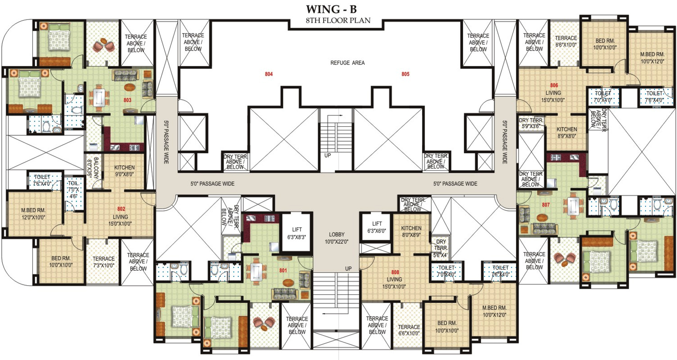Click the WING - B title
pyautogui.click(x=331, y=10)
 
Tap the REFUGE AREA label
pyautogui.click(x=347, y=63)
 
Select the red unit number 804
pyautogui.click(x=269, y=74)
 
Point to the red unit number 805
pyautogui.click(x=405, y=74)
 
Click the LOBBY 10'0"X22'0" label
pyautogui.click(x=337, y=238)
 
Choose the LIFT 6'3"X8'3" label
pyautogui.click(x=297, y=233)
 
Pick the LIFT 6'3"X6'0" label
pyautogui.click(x=377, y=227)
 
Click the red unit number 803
pyautogui.click(x=127, y=100)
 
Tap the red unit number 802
pyautogui.click(x=121, y=209)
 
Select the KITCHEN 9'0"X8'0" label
pyautogui.click(x=124, y=171)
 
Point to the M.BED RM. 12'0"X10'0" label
pyautogui.click(x=33, y=214)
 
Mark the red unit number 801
pyautogui.click(x=283, y=270)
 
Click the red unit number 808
pyautogui.click(x=395, y=272)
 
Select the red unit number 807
pyautogui.click(x=546, y=205)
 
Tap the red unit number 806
pyautogui.click(x=554, y=86)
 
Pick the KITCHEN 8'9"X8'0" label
pyautogui.click(x=567, y=133)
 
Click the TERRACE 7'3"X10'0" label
pyautogui.click(x=104, y=262)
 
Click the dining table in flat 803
pyautogui.click(x=99, y=98)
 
